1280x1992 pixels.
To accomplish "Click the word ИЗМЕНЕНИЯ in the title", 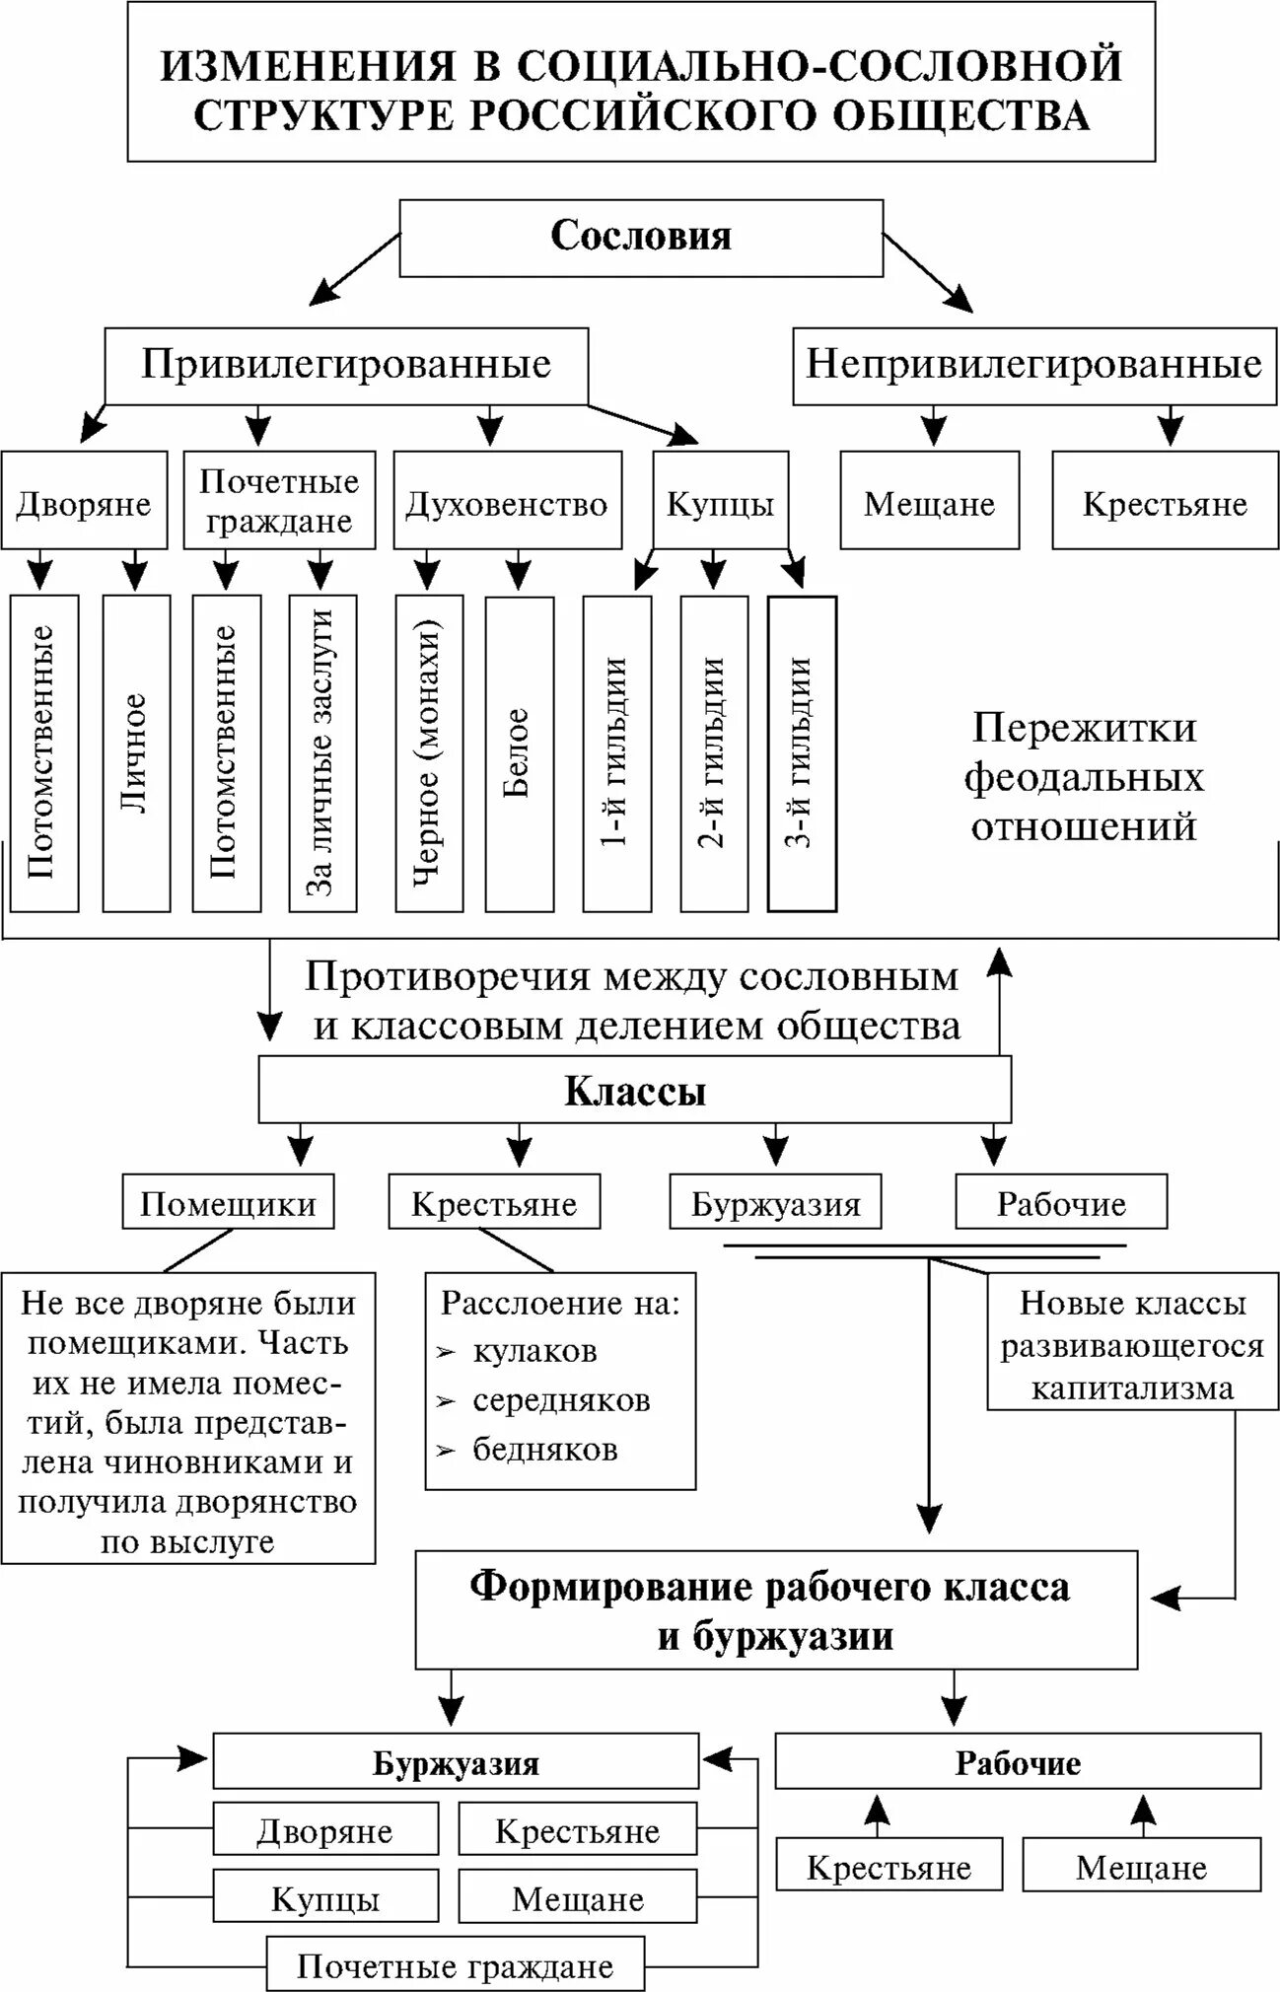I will click(x=309, y=66).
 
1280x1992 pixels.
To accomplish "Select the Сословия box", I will click(x=641, y=238).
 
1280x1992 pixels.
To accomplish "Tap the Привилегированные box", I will click(x=346, y=365).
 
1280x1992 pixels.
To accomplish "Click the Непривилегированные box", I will click(x=1033, y=365).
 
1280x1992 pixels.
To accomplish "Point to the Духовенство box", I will click(x=507, y=504).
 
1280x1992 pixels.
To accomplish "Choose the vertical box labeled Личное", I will click(x=136, y=752).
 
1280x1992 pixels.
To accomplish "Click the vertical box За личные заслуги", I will click(x=322, y=752).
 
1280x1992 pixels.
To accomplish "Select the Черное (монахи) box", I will click(x=428, y=752).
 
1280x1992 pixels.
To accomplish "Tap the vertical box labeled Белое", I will click(x=519, y=752).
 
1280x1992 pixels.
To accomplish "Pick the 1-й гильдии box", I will click(x=616, y=752).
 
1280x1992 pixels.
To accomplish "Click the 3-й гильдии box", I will click(x=801, y=752).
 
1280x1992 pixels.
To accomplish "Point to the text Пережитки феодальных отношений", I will click(x=1084, y=777).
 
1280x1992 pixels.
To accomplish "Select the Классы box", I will click(x=635, y=1092).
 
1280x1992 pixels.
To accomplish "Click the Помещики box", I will click(x=228, y=1203).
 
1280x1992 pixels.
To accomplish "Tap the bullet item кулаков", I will click(x=534, y=1351).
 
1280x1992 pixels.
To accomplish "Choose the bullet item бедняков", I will click(x=544, y=1450).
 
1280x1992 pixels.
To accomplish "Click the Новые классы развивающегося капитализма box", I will click(x=1131, y=1346).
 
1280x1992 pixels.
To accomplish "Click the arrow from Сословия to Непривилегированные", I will click(x=927, y=273).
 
